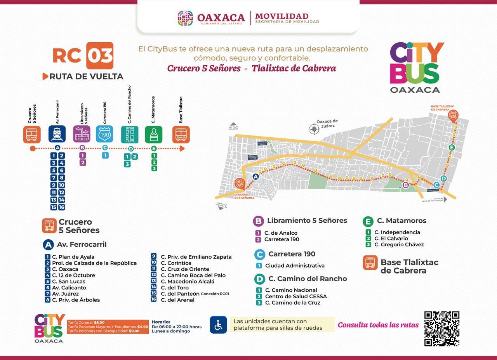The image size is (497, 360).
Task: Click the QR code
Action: (441, 329)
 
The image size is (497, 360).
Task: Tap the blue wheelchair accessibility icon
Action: (218, 325)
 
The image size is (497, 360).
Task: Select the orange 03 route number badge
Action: (100, 56)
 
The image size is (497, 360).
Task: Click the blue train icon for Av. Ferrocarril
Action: (57, 134)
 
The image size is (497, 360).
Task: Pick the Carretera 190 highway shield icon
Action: (104, 134)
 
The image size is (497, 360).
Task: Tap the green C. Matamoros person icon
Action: (154, 134)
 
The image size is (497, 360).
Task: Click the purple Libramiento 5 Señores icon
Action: (82, 134)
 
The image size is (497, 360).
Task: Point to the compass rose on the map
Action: (314, 129)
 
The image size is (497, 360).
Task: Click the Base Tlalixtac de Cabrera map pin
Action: (453, 115)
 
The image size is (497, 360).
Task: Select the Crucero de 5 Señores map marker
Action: (240, 183)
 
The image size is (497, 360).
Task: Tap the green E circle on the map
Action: (451, 147)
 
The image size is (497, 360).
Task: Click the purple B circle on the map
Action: (406, 185)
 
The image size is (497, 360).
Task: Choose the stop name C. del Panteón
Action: (180, 294)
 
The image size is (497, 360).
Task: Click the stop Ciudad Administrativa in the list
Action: (295, 266)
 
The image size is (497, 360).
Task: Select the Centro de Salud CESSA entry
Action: (296, 296)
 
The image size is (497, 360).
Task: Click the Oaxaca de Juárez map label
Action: (327, 123)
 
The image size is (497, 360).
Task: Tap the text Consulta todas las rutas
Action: (378, 325)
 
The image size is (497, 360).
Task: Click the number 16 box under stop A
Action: (61, 207)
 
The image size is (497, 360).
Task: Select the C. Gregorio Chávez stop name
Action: (399, 244)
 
